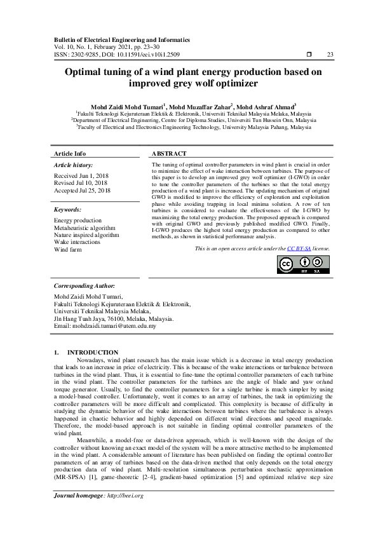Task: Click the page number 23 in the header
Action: point(329,54)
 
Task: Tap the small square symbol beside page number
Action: point(308,54)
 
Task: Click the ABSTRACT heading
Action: point(169,154)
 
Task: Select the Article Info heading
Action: point(70,154)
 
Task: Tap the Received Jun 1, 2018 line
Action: point(81,175)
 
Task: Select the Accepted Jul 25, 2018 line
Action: point(83,190)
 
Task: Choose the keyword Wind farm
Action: point(69,250)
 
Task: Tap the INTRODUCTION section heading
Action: point(93,352)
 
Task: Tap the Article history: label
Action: point(74,165)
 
